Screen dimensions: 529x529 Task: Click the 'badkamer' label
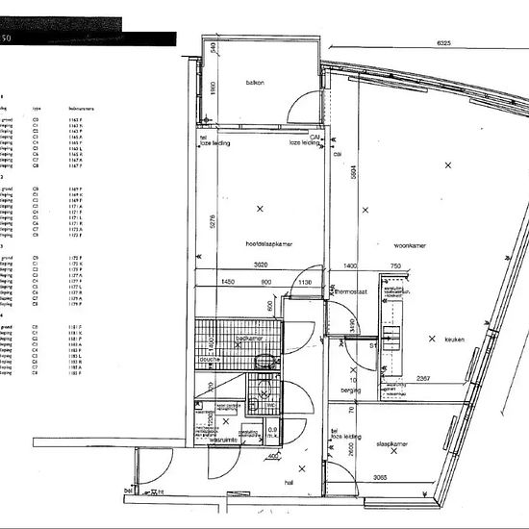[249, 339]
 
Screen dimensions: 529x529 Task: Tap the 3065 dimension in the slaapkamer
[382, 478]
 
